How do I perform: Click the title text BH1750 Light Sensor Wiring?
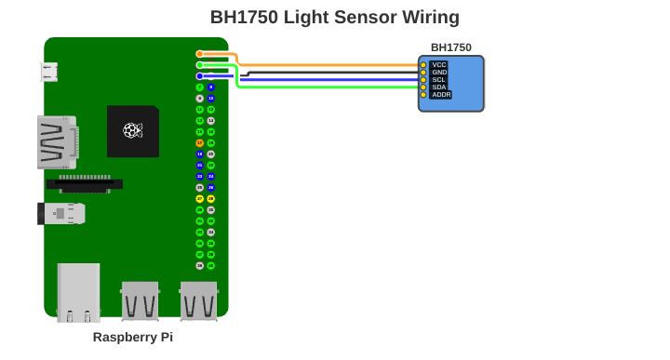tap(334, 17)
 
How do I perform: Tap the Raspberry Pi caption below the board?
tap(133, 337)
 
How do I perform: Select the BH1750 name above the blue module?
tap(450, 47)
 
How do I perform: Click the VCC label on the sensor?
tap(439, 65)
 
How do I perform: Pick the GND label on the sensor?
tap(439, 73)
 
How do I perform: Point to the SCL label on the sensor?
tap(439, 80)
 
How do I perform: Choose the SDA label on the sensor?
tap(439, 87)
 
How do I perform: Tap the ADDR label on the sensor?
tap(441, 95)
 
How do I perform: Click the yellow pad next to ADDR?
tap(423, 95)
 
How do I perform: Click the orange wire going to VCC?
tap(326, 65)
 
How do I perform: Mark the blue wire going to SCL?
tap(326, 79)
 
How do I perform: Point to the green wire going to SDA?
tap(326, 87)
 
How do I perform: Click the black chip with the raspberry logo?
tap(132, 130)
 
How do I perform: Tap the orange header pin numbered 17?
tap(199, 143)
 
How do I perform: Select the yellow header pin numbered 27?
tap(199, 199)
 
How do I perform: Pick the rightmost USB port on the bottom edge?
tap(198, 300)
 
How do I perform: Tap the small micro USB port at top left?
tap(48, 72)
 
